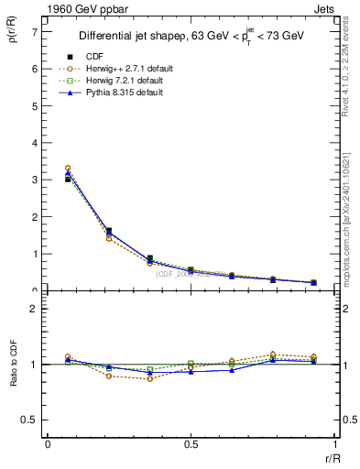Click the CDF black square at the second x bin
(x=109, y=231)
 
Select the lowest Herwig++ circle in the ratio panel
(x=150, y=378)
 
